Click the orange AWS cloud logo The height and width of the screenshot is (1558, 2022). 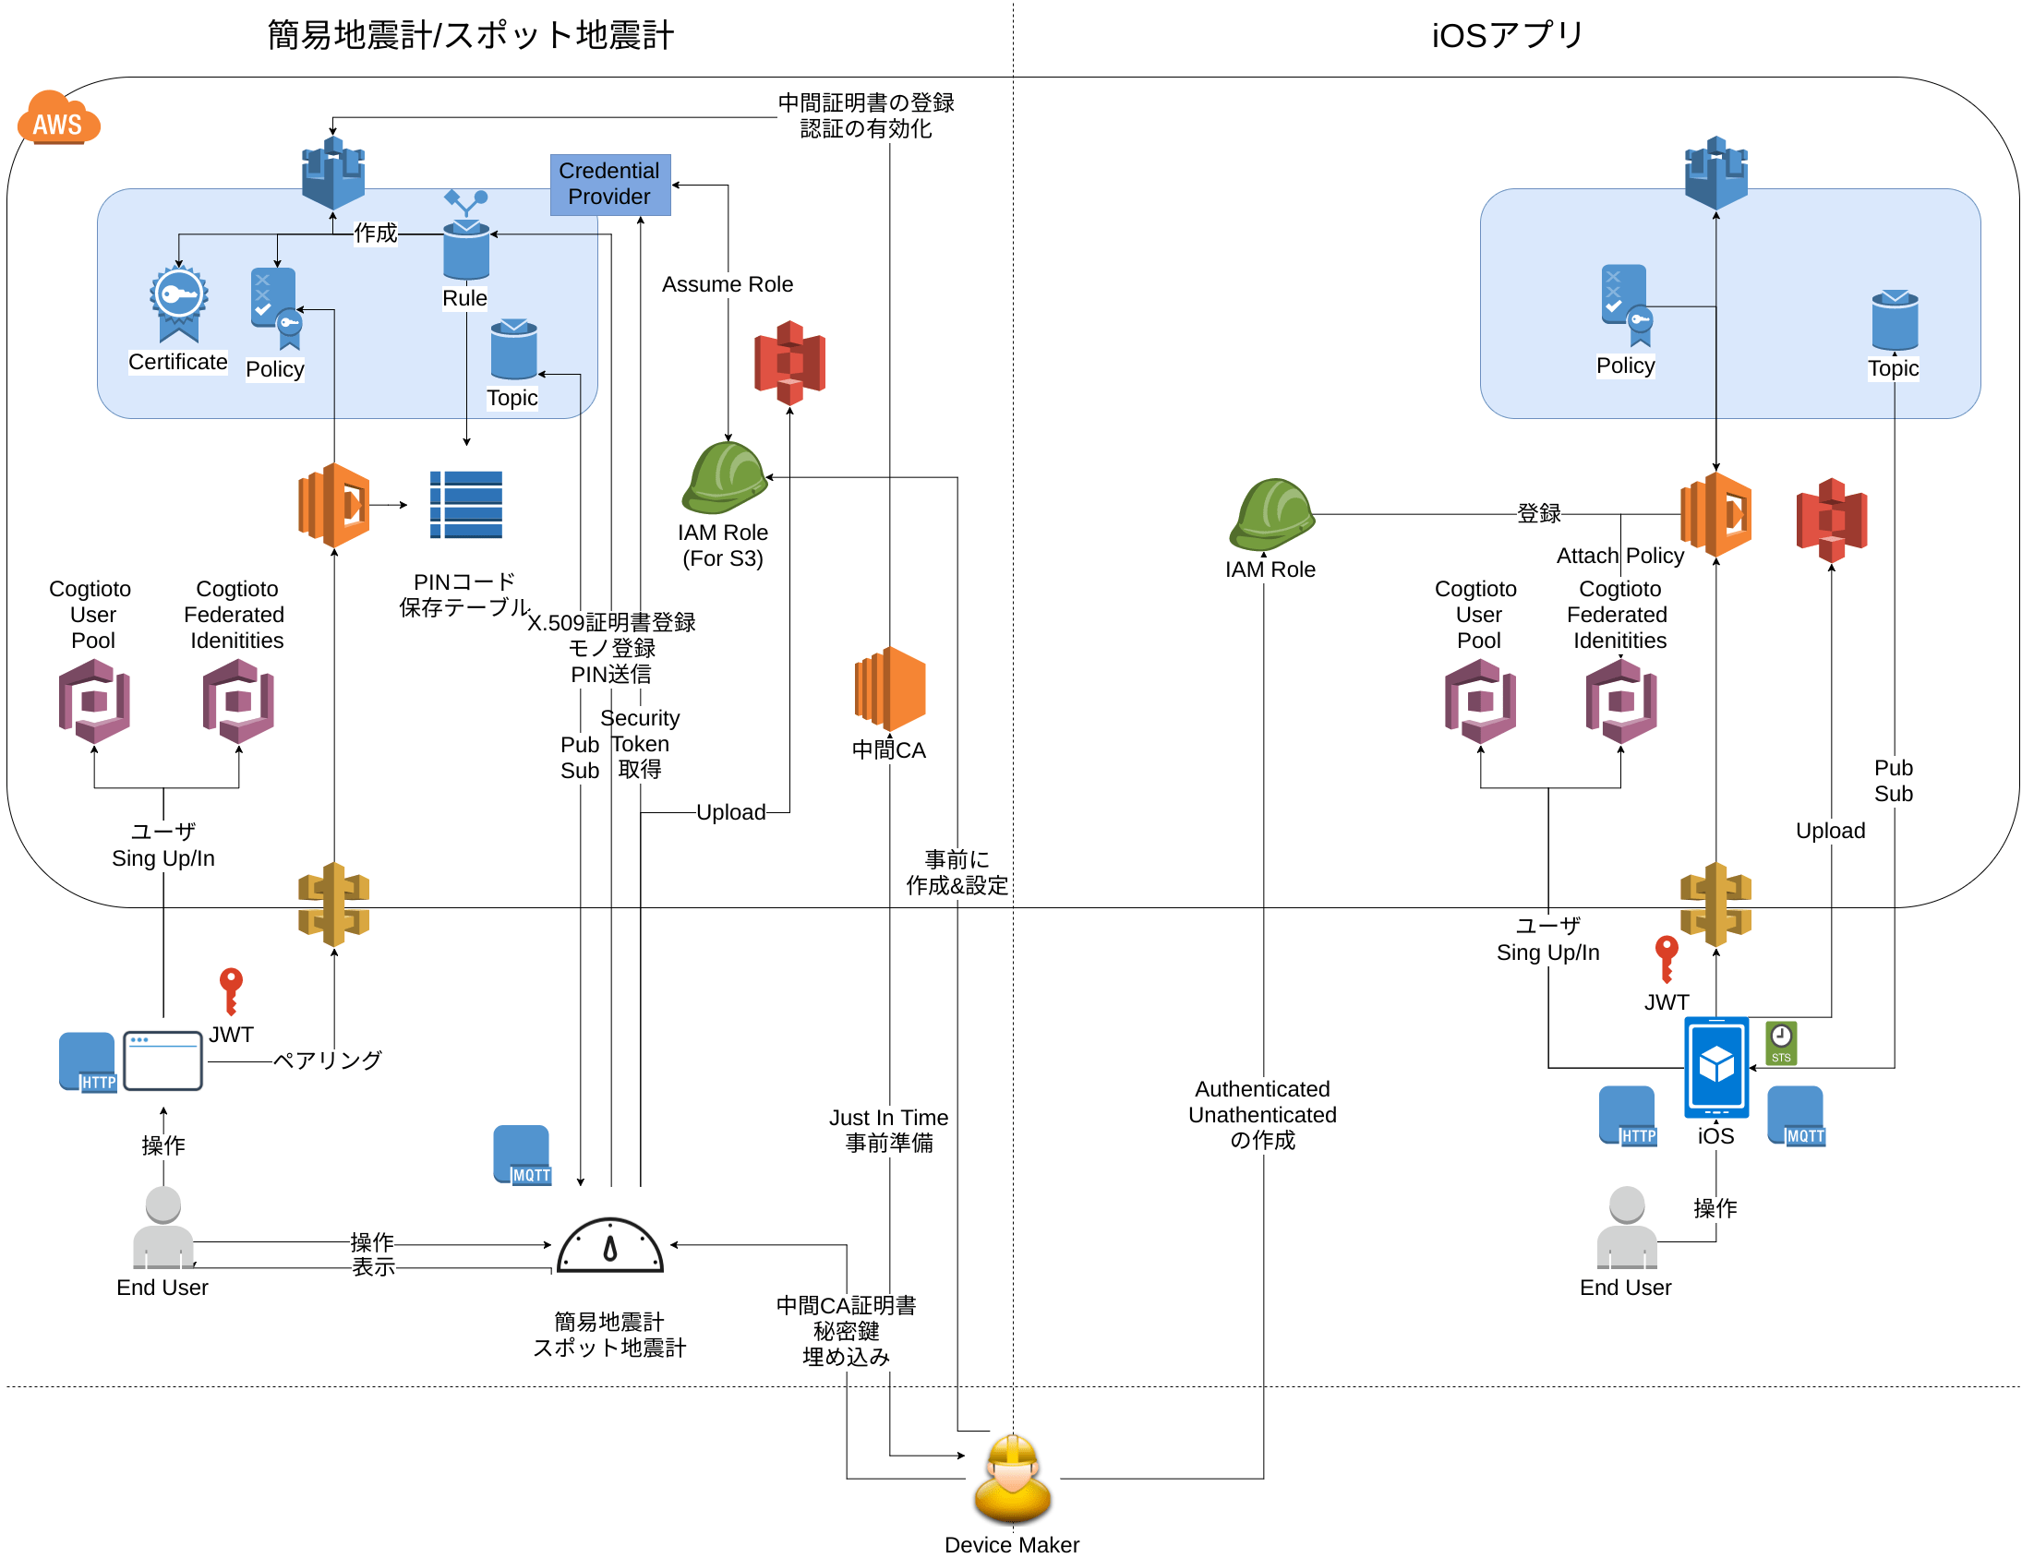click(58, 118)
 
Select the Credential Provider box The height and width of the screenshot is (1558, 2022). click(610, 185)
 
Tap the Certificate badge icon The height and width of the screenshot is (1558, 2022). click(179, 303)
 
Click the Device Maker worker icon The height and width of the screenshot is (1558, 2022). click(1012, 1480)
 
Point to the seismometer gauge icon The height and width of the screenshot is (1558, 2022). click(610, 1246)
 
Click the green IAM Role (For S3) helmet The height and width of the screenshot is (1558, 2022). click(724, 478)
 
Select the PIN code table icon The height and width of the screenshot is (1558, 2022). click(465, 505)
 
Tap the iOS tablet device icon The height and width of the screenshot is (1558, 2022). click(1715, 1067)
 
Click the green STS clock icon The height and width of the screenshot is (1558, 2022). click(1780, 1042)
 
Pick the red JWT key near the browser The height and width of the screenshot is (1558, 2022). click(231, 990)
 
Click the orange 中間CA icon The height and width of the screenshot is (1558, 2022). click(889, 689)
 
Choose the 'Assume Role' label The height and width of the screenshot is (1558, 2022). click(727, 284)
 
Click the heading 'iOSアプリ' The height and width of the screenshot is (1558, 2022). click(1507, 35)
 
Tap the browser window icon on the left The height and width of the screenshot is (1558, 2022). click(162, 1061)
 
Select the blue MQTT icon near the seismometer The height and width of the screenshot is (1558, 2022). click(523, 1154)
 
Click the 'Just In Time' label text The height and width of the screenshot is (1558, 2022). click(888, 1118)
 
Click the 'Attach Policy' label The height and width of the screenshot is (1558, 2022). click(1619, 556)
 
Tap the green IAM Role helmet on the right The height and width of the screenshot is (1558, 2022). click(1271, 514)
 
